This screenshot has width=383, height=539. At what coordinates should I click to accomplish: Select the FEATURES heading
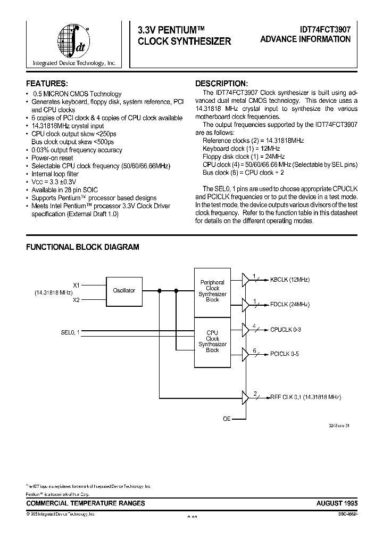(47, 84)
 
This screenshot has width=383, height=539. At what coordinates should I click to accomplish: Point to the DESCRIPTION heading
(221, 84)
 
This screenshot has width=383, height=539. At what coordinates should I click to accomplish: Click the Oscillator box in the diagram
(124, 291)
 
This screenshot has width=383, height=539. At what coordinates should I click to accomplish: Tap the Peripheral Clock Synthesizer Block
(212, 291)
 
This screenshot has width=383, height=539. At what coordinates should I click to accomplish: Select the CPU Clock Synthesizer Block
(212, 341)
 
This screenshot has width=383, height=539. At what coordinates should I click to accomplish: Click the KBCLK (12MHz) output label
(290, 279)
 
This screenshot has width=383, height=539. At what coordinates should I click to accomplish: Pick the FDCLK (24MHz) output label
(290, 305)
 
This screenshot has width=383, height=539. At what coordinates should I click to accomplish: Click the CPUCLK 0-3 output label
(286, 330)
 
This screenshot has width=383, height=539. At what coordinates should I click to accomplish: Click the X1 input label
(76, 284)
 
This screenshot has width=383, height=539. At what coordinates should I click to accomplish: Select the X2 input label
(76, 299)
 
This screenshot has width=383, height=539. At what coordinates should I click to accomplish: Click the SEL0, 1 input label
(70, 332)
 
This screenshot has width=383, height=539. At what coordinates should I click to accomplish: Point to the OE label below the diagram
(227, 419)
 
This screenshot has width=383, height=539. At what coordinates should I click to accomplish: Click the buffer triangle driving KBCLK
(245, 279)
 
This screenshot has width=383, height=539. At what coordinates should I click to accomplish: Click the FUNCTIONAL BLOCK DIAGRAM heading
(82, 247)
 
